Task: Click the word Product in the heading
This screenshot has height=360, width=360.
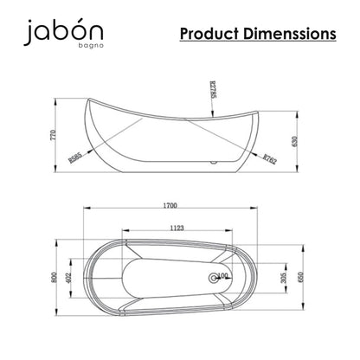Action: coord(209,34)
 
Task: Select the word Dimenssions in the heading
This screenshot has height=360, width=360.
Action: coord(290,34)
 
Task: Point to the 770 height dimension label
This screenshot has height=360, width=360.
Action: coord(53,135)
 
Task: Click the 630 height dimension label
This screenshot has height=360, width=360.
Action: coord(295,142)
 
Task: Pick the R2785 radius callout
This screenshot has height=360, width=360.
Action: coord(214,90)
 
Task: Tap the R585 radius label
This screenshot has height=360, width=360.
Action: coord(75,157)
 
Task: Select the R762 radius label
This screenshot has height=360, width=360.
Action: coord(270,158)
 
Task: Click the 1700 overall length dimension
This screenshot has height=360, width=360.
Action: coord(170,205)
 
